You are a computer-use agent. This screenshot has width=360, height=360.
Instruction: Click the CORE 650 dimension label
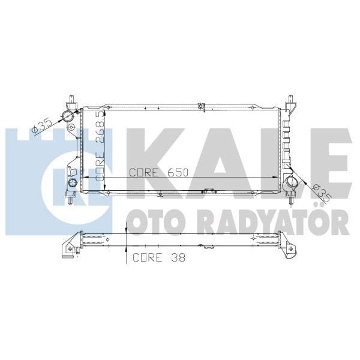159,172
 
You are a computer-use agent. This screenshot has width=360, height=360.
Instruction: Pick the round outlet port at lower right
292,182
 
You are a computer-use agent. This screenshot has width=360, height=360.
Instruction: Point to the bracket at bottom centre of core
209,191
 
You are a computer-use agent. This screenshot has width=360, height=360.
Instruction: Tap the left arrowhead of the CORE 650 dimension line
83,178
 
